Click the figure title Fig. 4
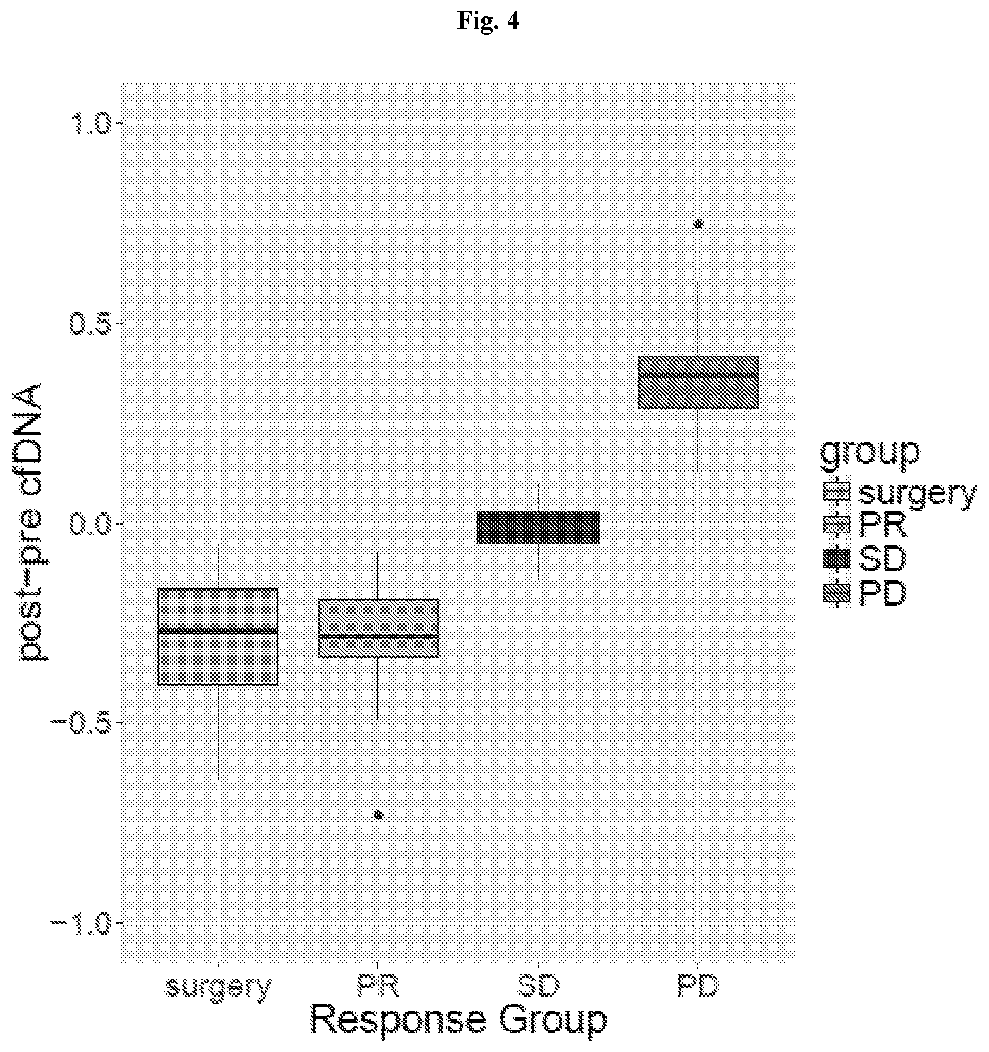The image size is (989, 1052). [488, 21]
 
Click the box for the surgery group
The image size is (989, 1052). [218, 637]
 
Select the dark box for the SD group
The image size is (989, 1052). [538, 527]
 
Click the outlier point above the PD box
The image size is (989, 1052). [699, 224]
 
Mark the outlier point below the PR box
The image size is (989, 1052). [378, 815]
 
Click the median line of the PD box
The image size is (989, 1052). [698, 375]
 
